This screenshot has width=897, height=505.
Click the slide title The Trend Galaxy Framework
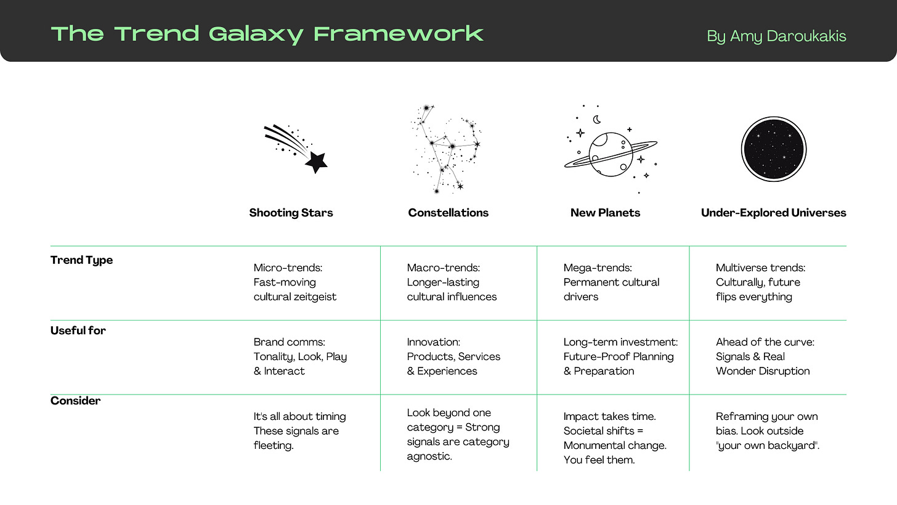point(267,34)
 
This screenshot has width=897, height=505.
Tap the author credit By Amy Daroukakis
point(776,36)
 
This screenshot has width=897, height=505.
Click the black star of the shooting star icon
point(316,162)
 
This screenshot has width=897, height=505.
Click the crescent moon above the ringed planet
point(596,120)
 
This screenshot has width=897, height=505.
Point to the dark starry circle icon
point(773,149)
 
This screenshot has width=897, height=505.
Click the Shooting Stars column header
point(291,213)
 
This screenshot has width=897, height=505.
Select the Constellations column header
point(448,213)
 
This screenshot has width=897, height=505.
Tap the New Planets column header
point(605,213)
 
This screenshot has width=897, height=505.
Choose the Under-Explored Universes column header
point(773,213)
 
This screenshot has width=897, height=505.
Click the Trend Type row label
point(81,260)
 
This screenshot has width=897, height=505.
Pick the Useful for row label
point(78,331)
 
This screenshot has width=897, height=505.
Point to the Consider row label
point(75,401)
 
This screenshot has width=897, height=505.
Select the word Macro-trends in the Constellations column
point(443,268)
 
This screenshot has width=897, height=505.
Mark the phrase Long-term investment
point(620,342)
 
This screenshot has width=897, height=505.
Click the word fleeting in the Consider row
point(274,445)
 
